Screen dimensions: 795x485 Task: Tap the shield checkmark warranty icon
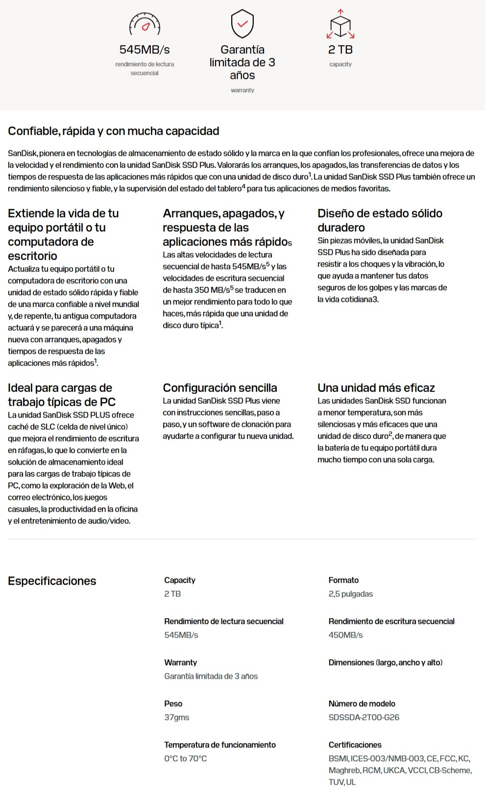point(242,24)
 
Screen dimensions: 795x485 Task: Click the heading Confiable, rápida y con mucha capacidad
point(113,131)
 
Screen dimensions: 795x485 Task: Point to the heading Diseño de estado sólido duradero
point(380,220)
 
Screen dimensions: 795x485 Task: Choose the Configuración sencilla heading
point(219,388)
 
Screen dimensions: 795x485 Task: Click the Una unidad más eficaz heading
point(376,388)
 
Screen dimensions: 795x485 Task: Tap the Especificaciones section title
point(52,581)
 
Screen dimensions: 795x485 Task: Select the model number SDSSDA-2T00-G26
point(364,717)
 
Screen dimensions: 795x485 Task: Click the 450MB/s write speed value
point(345,635)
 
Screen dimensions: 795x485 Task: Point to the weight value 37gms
point(176,717)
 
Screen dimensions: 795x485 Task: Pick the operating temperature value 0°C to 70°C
point(185,758)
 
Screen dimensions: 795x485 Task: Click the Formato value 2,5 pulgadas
point(350,594)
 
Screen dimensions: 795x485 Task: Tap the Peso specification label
point(173,703)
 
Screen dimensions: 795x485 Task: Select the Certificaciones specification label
point(355,745)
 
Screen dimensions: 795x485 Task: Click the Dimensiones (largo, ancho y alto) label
point(385,662)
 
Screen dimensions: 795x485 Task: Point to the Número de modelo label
point(362,703)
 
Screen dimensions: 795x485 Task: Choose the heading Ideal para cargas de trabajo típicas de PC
point(61,395)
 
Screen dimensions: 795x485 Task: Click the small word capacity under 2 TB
point(340,64)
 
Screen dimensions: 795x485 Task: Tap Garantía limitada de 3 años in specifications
point(211,676)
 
